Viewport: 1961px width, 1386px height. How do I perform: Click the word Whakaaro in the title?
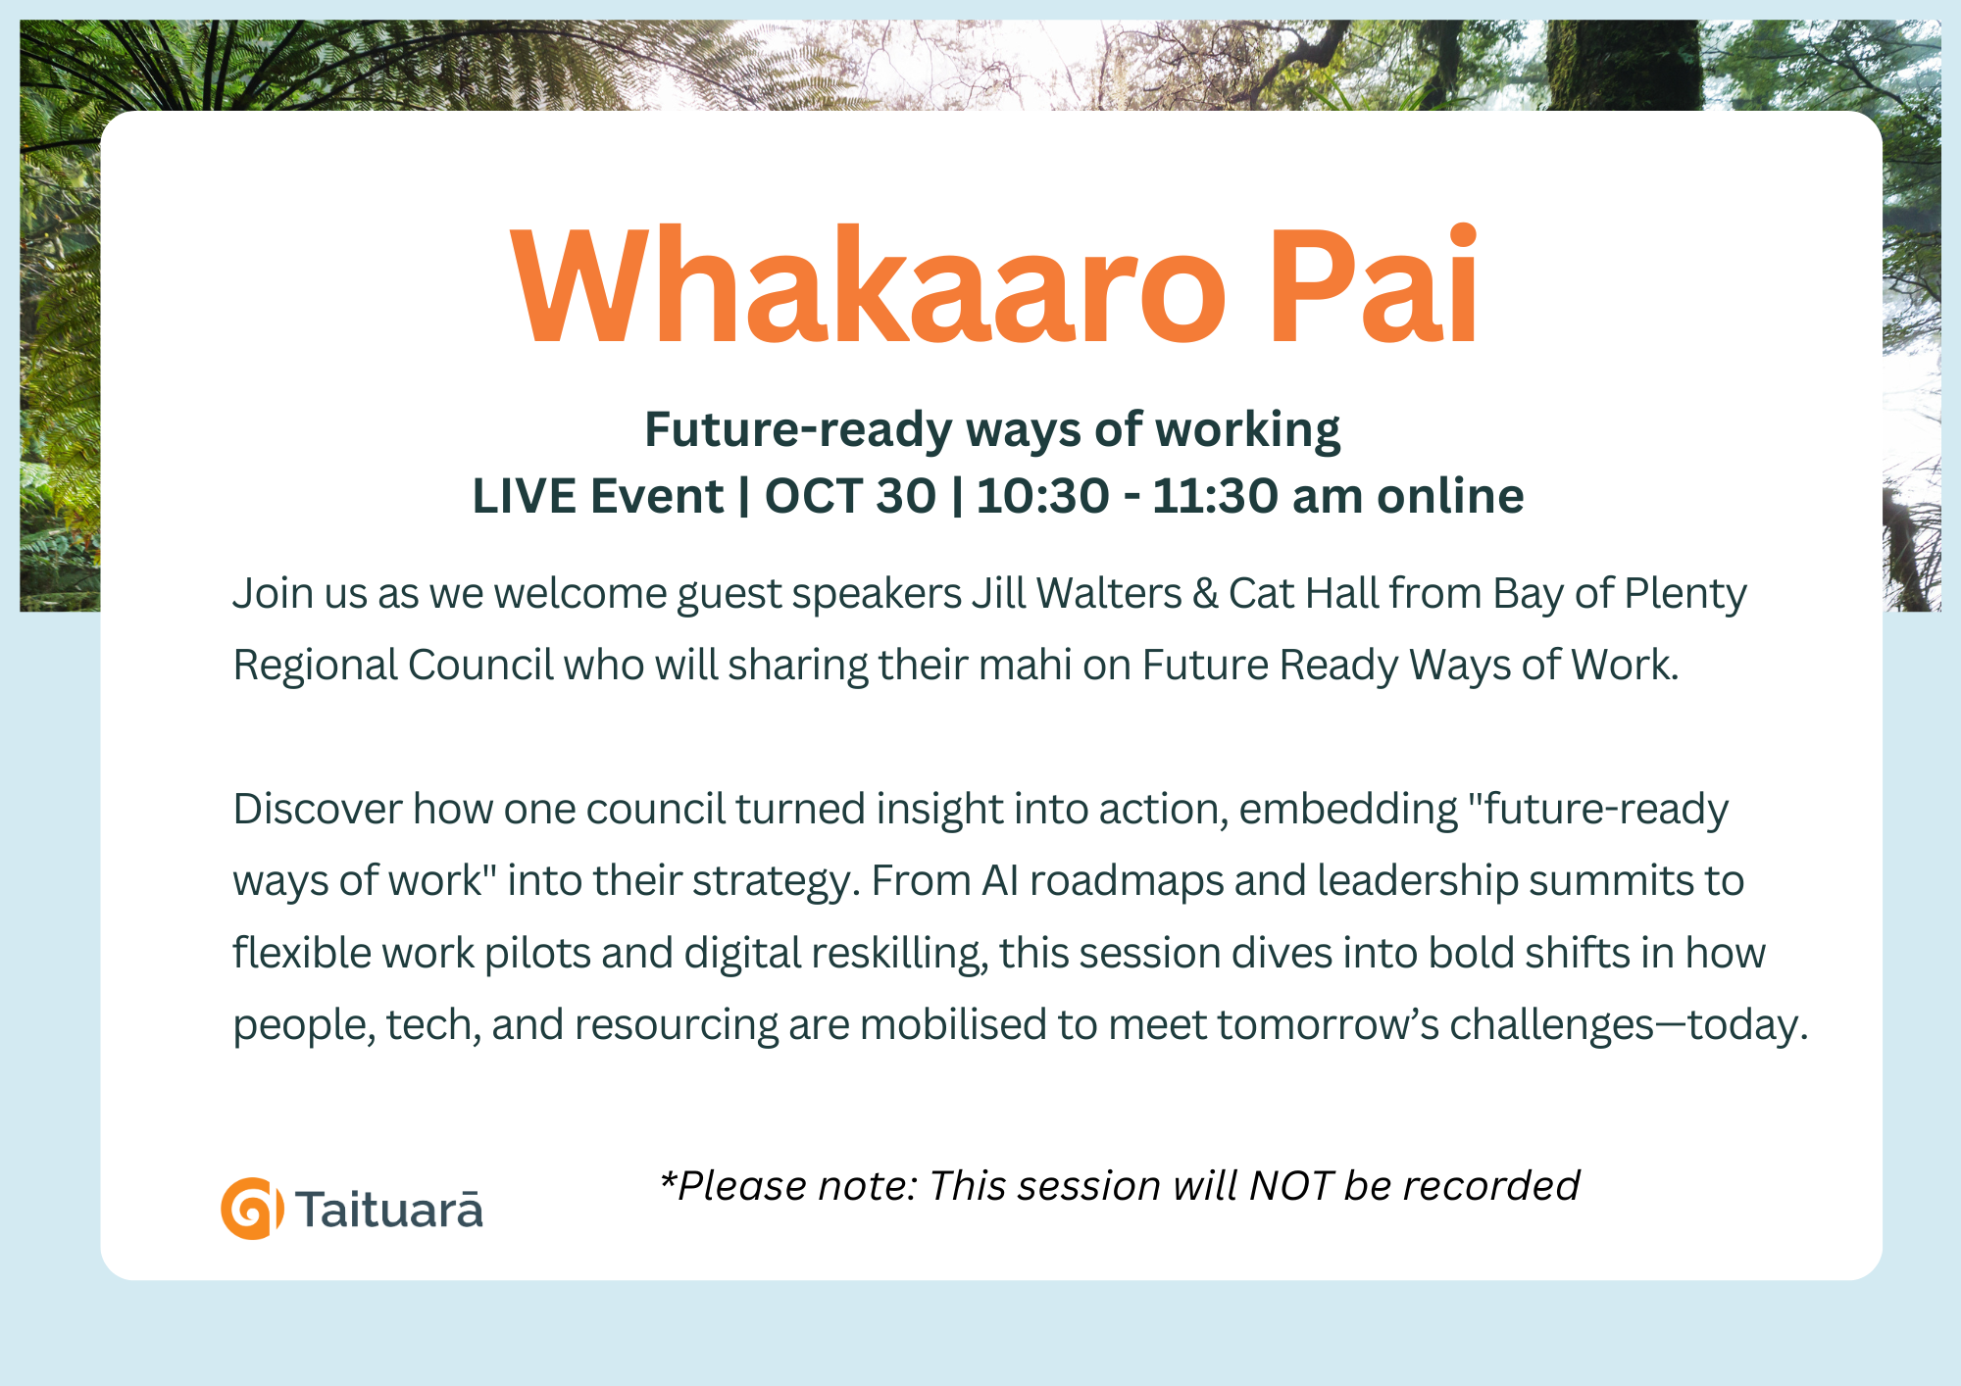pyautogui.click(x=869, y=285)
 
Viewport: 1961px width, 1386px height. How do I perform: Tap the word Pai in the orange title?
pyautogui.click(x=1374, y=285)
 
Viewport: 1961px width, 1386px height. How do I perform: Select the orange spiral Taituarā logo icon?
pyautogui.click(x=252, y=1209)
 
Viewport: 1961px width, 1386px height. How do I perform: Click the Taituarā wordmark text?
pyautogui.click(x=389, y=1209)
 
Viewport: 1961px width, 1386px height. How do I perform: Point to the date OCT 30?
pyautogui.click(x=850, y=496)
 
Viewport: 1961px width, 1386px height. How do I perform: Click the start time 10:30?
pyautogui.click(x=1043, y=496)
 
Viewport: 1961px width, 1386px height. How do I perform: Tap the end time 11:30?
pyautogui.click(x=1215, y=496)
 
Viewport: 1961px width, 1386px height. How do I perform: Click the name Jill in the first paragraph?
pyautogui.click(x=999, y=593)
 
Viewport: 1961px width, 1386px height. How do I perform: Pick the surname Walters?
pyautogui.click(x=1109, y=593)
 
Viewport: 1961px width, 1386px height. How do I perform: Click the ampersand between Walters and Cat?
pyautogui.click(x=1205, y=594)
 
